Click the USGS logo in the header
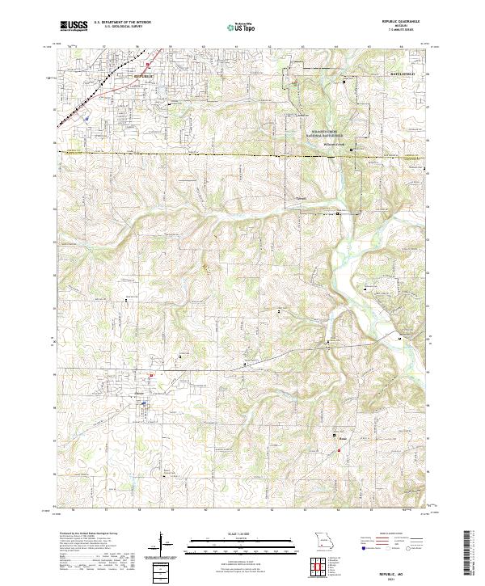[x=74, y=27]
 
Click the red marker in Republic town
[x=149, y=65]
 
